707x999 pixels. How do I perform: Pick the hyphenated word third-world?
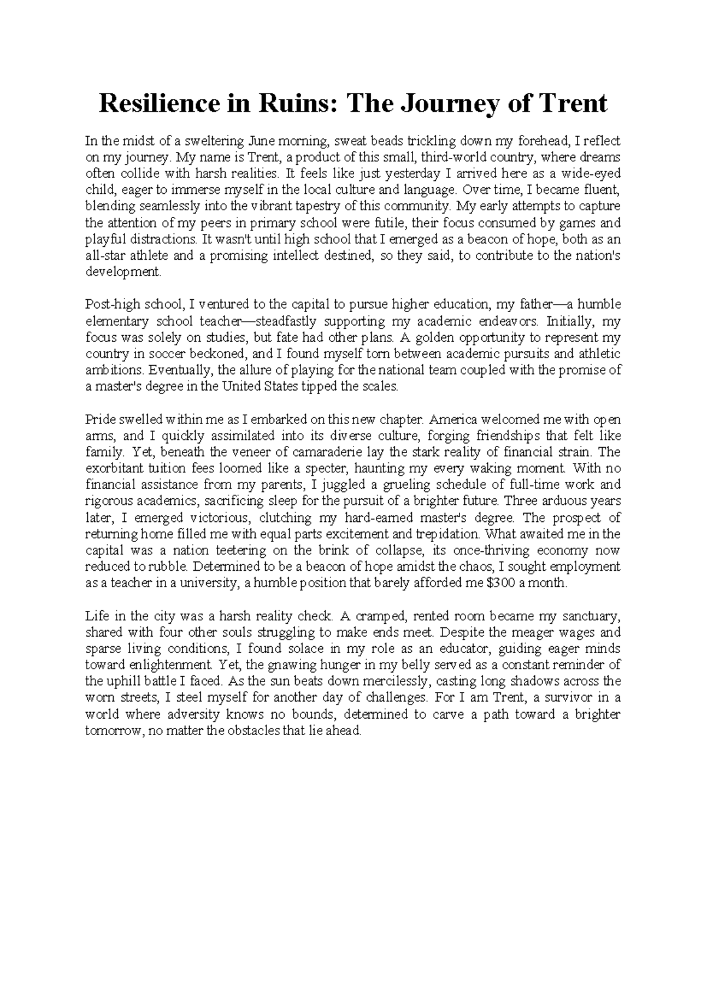pos(449,158)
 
